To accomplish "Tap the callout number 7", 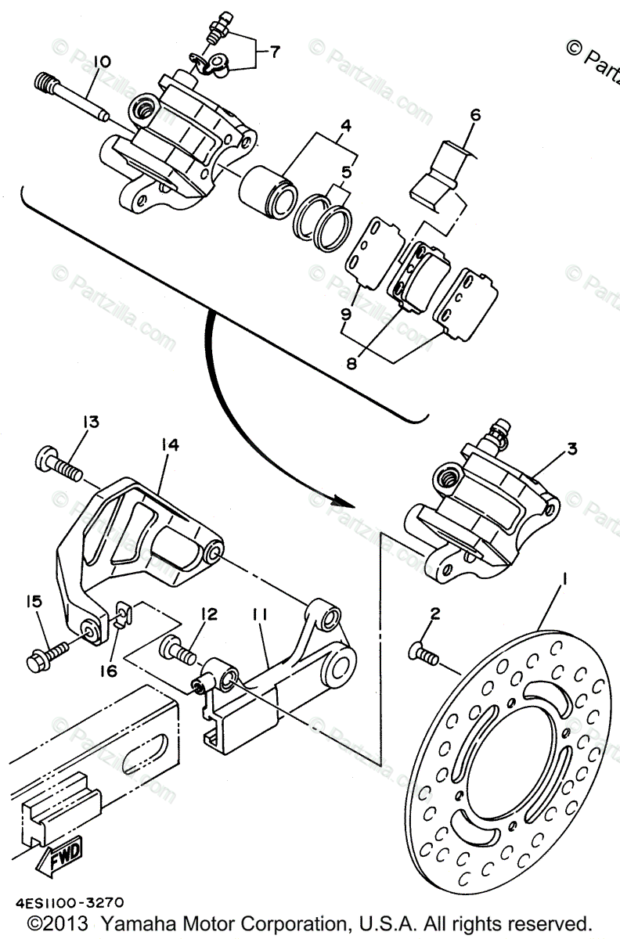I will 275,52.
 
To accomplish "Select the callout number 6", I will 474,116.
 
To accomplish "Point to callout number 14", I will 170,444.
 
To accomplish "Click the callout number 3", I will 572,449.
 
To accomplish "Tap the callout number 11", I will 259,615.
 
